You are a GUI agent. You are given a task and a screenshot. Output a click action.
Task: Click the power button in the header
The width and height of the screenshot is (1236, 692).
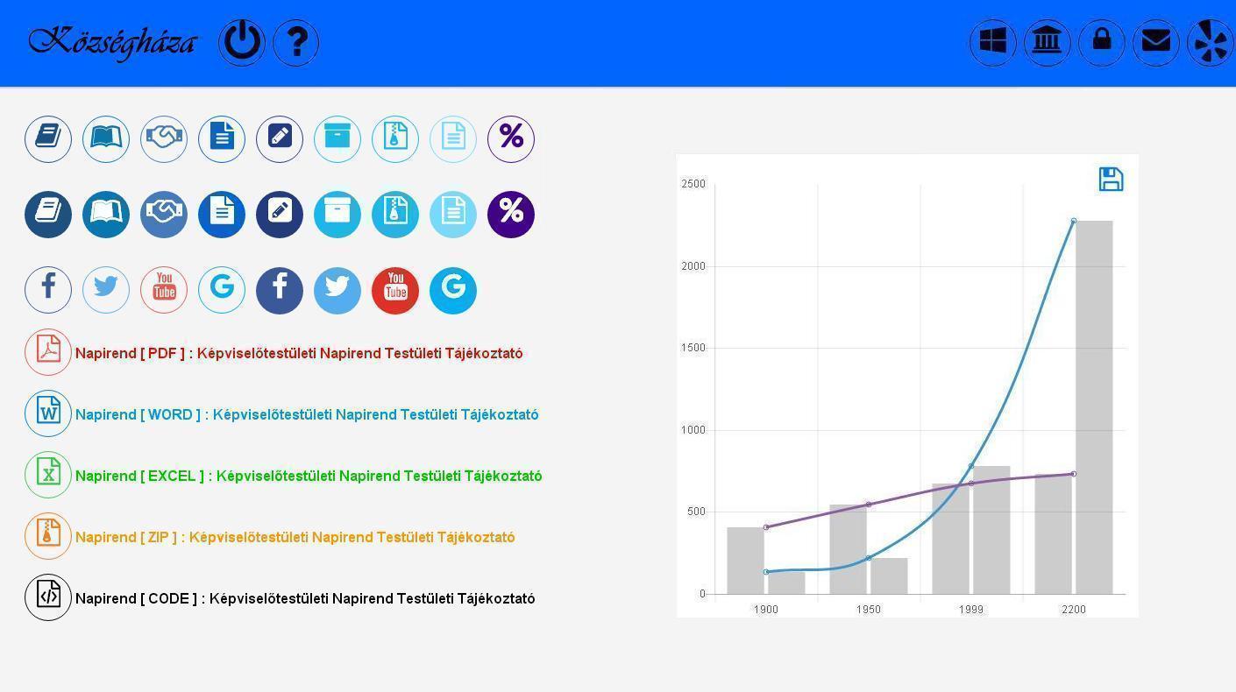242,42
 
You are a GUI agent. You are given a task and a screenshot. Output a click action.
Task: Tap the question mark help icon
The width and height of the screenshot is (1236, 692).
296,42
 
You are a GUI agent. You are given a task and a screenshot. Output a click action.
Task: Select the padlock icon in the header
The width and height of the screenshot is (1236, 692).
1101,42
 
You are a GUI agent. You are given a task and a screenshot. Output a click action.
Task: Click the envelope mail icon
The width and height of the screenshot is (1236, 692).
1155,42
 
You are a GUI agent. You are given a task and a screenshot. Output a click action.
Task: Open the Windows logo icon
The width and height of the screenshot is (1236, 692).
993,42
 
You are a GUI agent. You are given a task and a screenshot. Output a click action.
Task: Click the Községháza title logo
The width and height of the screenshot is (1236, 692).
112,43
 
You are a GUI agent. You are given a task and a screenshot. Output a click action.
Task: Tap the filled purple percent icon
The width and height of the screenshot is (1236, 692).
511,215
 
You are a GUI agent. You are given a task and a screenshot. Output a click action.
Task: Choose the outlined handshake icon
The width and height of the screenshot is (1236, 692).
164,139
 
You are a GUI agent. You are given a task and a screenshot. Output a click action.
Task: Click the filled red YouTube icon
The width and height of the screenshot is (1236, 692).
395,291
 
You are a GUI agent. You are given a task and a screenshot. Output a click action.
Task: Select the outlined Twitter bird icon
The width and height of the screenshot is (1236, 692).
106,290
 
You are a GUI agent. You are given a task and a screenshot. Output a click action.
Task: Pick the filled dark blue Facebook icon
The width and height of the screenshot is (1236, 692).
280,291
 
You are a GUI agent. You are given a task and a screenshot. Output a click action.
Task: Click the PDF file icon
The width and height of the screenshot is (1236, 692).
48,352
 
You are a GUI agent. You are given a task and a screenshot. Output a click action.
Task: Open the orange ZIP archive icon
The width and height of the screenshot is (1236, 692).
48,536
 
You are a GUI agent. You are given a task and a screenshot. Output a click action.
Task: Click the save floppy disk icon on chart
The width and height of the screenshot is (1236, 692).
1111,180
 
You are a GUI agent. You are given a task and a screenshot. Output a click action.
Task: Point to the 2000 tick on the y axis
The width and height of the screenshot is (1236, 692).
693,266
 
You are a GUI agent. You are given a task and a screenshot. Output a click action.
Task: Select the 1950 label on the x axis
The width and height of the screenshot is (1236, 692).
868,610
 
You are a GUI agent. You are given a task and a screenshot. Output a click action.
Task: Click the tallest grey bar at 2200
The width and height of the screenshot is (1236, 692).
1094,407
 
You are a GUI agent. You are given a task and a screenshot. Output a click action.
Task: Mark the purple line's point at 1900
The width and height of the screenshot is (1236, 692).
766,527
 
